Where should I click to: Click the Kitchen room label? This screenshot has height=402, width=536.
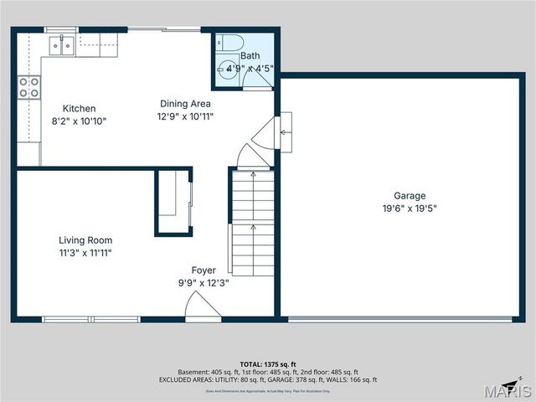80,108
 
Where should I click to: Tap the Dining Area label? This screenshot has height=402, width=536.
185,104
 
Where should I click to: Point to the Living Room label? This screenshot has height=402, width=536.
85,240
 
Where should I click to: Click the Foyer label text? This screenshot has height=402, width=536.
204,271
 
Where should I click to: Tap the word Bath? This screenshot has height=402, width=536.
250,56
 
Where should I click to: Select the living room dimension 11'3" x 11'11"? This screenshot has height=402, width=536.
85,253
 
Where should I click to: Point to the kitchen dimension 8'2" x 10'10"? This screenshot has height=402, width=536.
80,121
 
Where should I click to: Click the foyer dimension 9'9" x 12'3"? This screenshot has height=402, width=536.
204,283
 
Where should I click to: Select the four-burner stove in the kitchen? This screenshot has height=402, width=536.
29,87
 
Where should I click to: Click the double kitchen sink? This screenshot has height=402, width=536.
61,45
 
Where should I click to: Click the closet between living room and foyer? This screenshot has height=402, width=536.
173,202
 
